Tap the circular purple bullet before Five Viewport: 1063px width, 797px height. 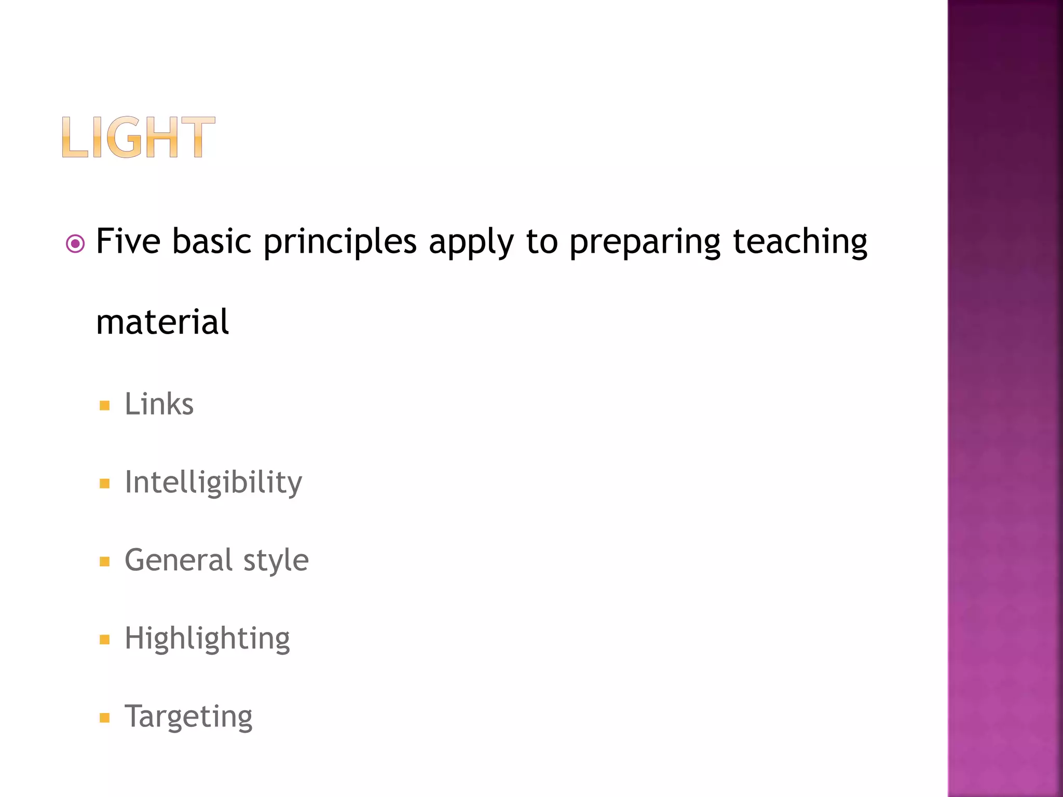pos(76,243)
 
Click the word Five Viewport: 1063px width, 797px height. pos(128,241)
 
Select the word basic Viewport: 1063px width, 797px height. pos(212,241)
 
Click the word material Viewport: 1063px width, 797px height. pos(162,322)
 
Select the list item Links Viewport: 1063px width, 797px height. pos(159,404)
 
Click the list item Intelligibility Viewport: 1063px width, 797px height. pos(213,483)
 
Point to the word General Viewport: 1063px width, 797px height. pos(179,560)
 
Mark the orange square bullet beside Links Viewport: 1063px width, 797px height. pos(105,406)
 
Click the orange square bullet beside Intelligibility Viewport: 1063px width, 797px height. pos(105,484)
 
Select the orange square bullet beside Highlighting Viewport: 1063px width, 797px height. pos(105,640)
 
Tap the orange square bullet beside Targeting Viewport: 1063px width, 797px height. pos(105,718)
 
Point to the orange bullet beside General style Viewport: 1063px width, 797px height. pos(105,562)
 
